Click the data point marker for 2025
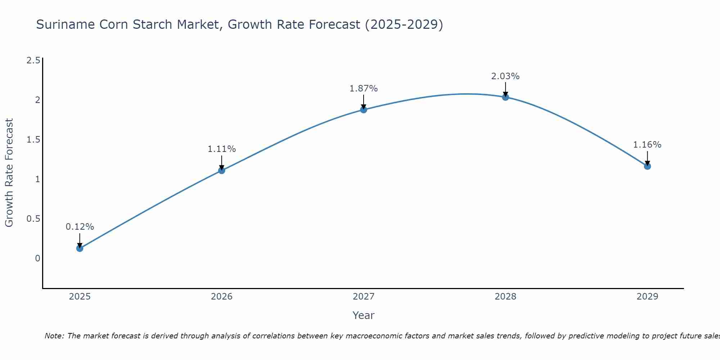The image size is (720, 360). click(80, 248)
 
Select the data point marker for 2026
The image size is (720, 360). click(222, 170)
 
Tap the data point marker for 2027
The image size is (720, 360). click(364, 109)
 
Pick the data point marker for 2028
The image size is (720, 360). click(505, 97)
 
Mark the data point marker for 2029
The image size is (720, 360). click(647, 166)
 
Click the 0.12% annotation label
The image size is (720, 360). click(80, 227)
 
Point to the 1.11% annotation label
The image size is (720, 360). click(222, 149)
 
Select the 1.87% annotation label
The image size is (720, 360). click(364, 89)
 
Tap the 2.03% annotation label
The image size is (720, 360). click(505, 76)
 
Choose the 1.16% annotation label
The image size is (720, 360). click(647, 145)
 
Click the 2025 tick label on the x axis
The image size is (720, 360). click(80, 297)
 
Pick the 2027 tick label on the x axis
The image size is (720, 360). click(364, 297)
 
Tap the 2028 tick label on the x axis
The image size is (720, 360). click(505, 297)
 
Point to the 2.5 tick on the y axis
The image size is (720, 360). click(33, 60)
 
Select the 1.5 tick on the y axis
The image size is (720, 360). click(33, 139)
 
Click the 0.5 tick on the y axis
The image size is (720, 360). click(33, 219)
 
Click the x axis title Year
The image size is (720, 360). click(364, 315)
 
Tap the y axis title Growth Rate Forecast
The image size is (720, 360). click(9, 173)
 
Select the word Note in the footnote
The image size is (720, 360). click(54, 336)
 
